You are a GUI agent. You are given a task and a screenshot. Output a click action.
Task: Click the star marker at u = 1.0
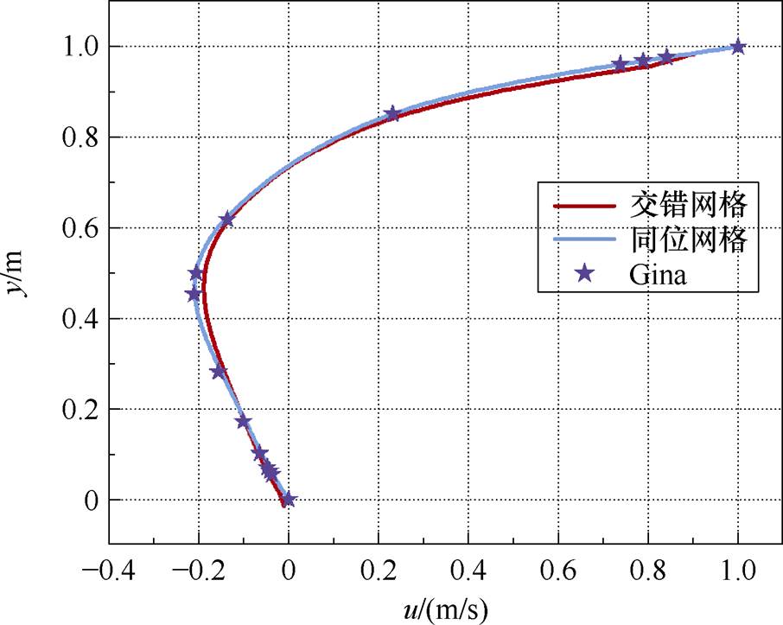click(x=737, y=47)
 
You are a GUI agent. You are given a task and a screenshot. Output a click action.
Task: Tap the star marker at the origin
click(x=289, y=499)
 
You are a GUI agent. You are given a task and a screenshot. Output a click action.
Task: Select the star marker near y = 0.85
click(x=392, y=114)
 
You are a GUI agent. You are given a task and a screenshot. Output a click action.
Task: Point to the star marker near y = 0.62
click(x=226, y=220)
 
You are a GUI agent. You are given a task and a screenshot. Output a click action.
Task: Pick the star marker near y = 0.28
click(x=219, y=372)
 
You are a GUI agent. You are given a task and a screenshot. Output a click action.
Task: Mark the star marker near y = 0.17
click(x=244, y=422)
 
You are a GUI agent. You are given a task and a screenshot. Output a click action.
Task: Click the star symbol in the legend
click(x=584, y=273)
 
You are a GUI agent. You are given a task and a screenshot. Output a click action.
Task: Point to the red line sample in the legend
click(x=584, y=207)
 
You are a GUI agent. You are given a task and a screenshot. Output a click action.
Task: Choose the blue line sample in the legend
click(x=584, y=240)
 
